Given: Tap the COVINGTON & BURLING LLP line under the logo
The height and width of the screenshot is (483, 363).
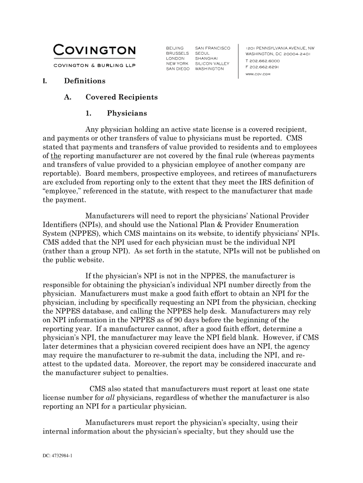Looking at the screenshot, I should tap(95, 65).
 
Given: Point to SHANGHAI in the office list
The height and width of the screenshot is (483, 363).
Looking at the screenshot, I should tap(206, 58).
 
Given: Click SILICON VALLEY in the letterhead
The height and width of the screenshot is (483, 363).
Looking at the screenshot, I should tap(212, 64).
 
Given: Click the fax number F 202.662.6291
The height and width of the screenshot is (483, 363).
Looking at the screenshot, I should tap(262, 67).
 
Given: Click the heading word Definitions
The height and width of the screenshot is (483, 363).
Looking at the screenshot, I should tap(85, 81).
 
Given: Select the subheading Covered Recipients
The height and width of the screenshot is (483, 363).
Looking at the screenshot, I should tap(121, 97).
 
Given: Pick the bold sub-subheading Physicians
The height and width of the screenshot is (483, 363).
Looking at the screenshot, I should tap(127, 113).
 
